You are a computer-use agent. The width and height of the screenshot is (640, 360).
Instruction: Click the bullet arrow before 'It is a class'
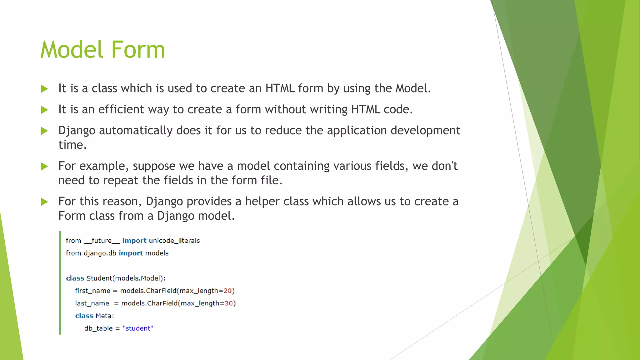point(45,89)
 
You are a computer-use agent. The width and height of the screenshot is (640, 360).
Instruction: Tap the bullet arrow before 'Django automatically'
point(45,131)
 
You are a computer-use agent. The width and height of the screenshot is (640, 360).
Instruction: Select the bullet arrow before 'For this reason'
point(45,202)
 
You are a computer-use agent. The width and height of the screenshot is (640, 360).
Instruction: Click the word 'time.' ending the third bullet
point(72,145)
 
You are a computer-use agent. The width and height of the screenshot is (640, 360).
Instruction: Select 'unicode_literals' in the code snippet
point(174,241)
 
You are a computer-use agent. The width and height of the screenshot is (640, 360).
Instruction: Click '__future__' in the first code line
point(102,241)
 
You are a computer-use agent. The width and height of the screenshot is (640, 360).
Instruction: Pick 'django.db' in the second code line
point(100,253)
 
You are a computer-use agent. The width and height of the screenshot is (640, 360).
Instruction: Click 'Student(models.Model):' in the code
point(126,278)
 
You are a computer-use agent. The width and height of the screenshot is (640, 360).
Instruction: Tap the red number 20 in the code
point(227,291)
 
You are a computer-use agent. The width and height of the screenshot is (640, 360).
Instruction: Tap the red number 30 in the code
point(229,303)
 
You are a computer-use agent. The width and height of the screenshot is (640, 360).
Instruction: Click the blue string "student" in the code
point(138,328)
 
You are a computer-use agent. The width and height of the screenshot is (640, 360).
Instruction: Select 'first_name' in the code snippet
point(92,291)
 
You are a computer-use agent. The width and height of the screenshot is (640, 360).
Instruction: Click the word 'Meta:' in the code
point(105,316)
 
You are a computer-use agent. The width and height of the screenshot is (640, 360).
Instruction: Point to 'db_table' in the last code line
point(98,328)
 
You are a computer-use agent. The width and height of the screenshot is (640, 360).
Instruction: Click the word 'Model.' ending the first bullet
point(413,88)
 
